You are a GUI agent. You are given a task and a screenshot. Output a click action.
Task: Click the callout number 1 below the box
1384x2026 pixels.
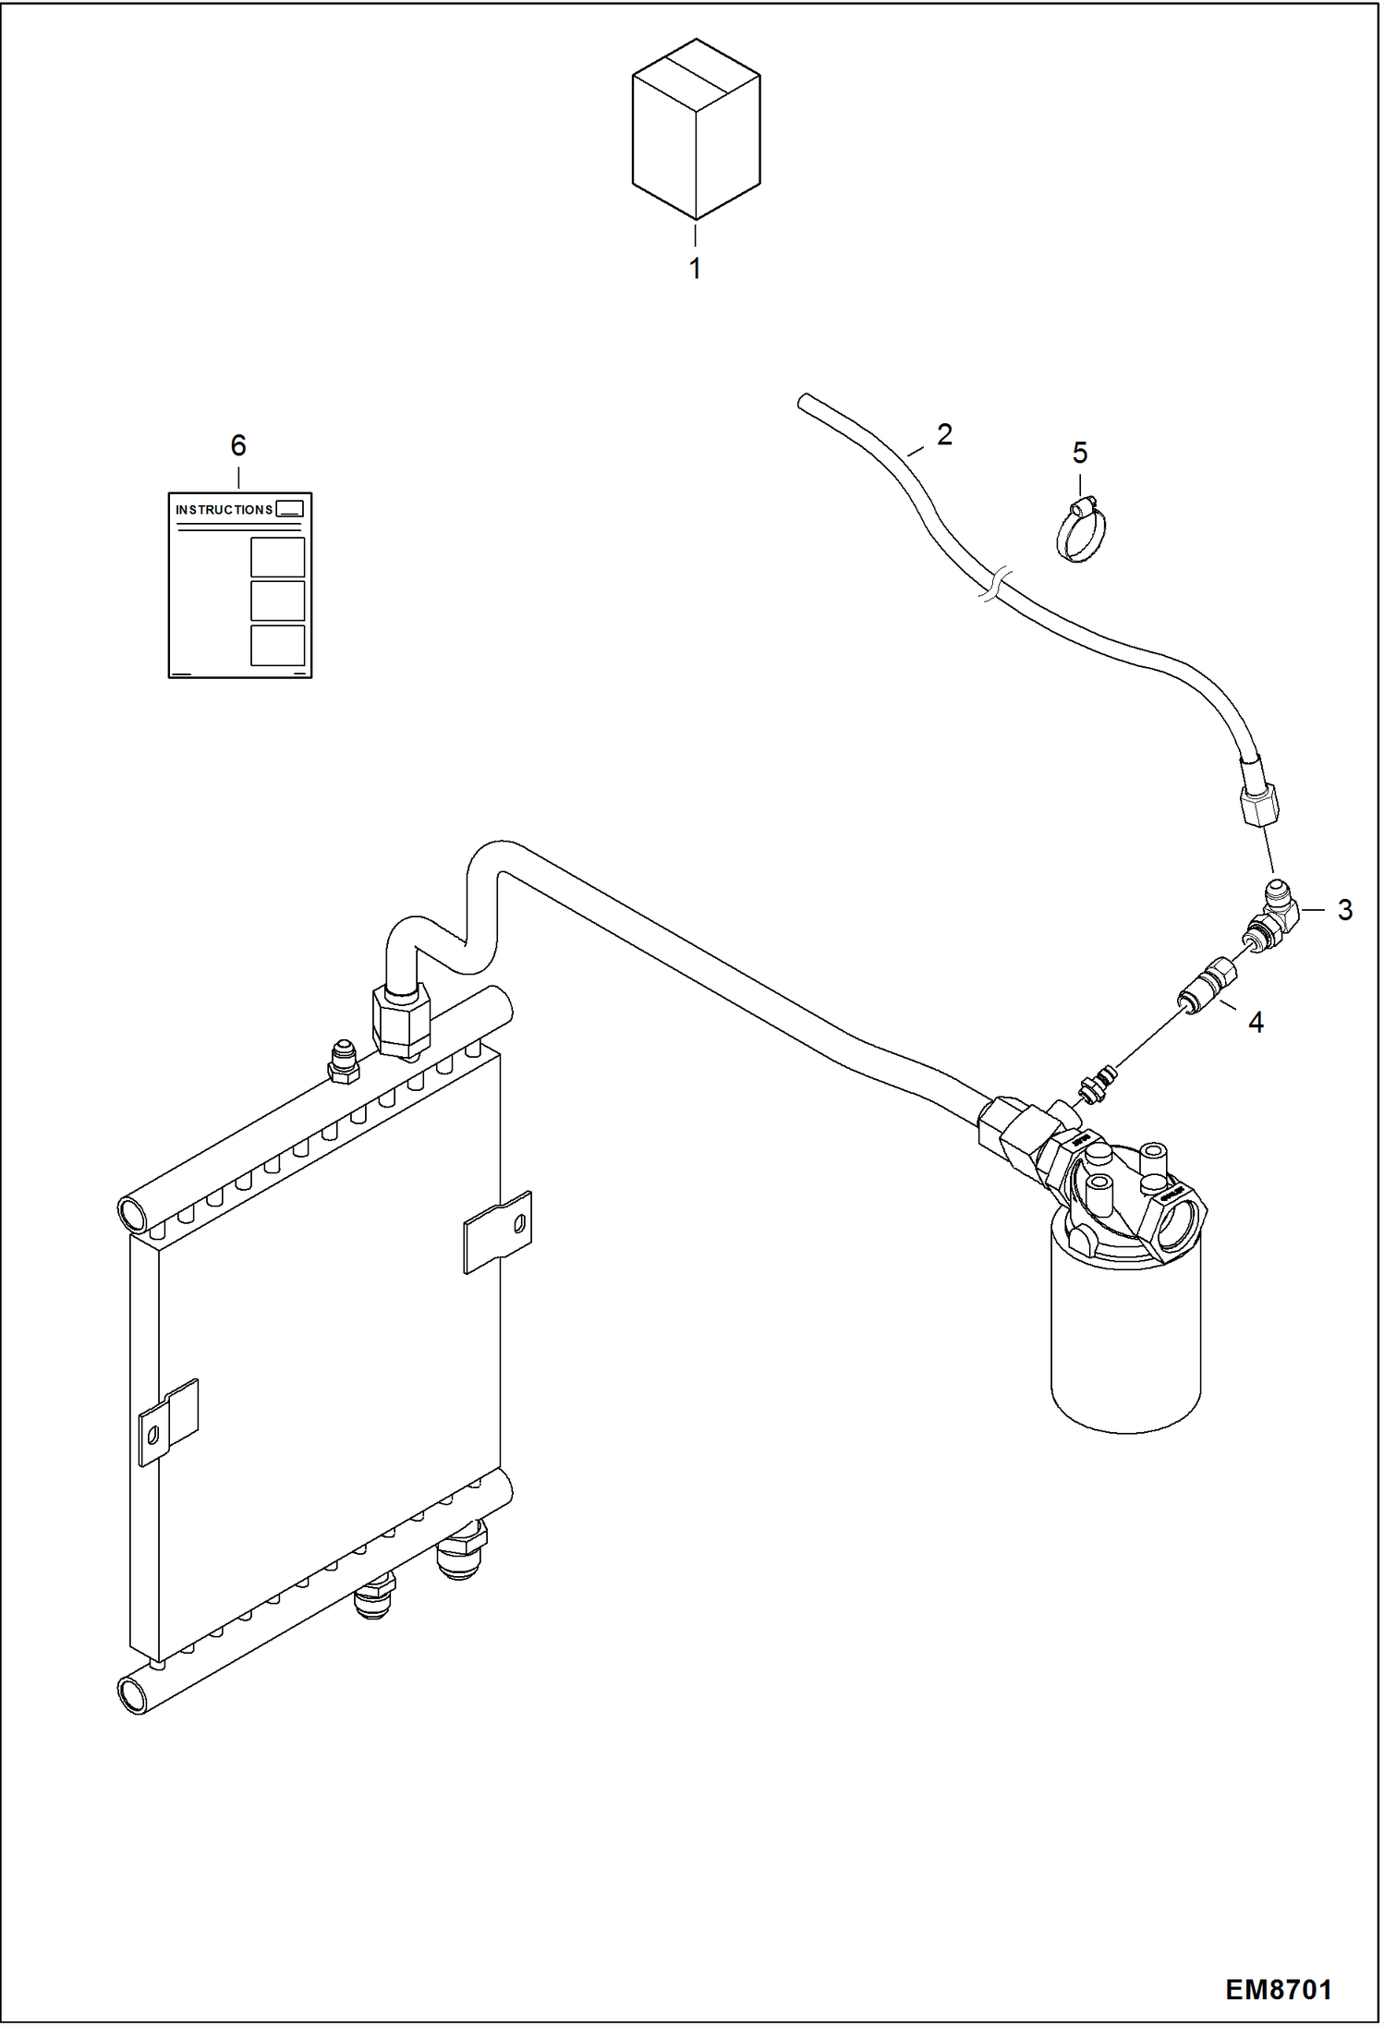695,269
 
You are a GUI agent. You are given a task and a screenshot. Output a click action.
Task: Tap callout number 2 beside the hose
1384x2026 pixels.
943,433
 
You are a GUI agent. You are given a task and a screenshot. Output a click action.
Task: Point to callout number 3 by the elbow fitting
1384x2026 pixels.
1344,910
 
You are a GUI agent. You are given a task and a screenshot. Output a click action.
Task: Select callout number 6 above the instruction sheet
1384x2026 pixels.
238,445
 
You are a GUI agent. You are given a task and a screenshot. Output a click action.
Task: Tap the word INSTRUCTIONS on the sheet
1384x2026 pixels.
224,510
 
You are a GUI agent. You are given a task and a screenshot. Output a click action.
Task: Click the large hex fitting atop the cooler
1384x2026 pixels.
401,1021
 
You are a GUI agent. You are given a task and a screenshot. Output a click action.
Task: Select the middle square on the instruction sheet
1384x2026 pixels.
277,601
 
